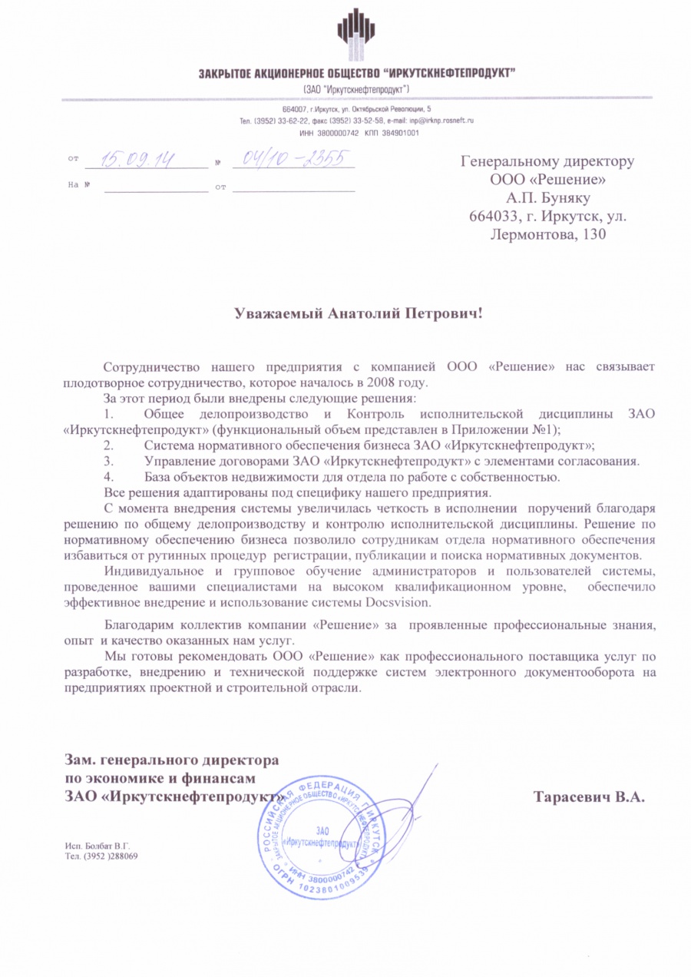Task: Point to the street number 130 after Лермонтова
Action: click(x=590, y=234)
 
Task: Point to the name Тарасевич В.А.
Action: click(x=589, y=797)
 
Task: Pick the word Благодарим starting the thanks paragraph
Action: click(x=138, y=626)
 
